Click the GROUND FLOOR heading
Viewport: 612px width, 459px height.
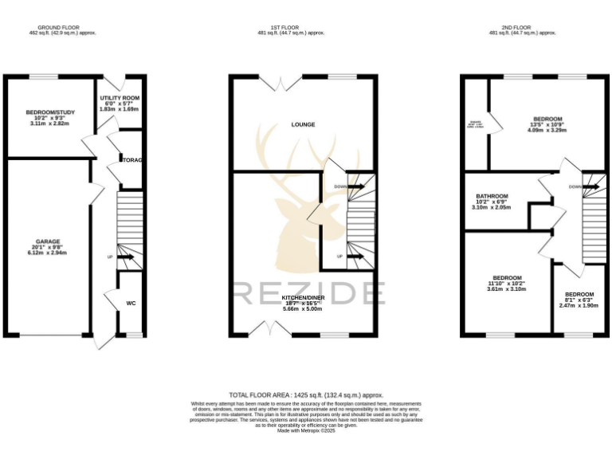[54, 28]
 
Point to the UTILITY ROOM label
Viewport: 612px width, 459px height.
[120, 98]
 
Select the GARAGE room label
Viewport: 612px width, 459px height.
[47, 241]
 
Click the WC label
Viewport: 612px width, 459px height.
[131, 303]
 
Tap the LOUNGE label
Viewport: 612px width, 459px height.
[303, 124]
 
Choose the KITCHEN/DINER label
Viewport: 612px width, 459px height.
[303, 297]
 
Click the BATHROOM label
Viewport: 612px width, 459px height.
[492, 196]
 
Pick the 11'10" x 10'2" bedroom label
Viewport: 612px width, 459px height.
[506, 278]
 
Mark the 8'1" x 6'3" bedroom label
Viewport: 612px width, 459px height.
[579, 294]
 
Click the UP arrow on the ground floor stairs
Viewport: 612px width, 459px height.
[123, 257]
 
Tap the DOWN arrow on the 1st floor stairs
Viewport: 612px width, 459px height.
[355, 186]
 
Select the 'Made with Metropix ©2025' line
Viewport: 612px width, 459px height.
[306, 430]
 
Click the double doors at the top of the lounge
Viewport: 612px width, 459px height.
[279, 81]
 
